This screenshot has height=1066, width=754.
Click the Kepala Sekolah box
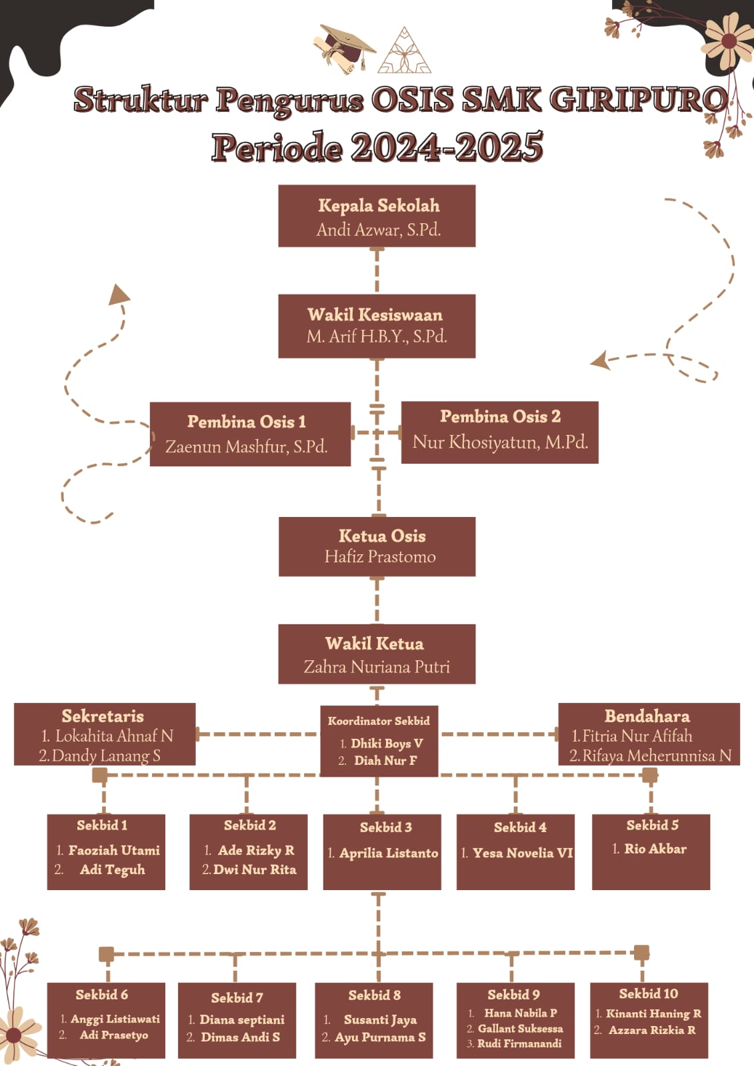point(377,216)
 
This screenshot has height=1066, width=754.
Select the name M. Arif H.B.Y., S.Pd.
point(377,336)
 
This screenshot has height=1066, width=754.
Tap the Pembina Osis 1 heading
point(247,422)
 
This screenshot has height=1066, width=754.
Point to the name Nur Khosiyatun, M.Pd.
point(500,442)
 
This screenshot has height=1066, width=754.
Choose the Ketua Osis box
point(377,546)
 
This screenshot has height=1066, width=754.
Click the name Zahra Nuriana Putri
point(377,667)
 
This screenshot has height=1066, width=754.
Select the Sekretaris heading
point(103,716)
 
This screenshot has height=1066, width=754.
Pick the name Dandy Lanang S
point(106,756)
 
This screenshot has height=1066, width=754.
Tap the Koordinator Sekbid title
point(379,721)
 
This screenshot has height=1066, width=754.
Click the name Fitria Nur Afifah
point(637,736)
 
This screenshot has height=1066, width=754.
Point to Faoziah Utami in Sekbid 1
point(114,850)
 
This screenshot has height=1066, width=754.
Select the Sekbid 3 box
point(382,851)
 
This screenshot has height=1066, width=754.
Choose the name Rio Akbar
point(655,849)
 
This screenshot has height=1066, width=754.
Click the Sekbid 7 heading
point(237,997)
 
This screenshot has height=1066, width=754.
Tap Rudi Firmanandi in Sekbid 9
point(519,1043)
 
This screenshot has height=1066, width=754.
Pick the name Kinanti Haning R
point(653,1013)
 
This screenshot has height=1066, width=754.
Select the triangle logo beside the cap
point(404,52)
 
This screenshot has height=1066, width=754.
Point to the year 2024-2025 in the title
point(447,147)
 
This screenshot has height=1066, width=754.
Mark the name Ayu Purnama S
point(380,1037)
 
